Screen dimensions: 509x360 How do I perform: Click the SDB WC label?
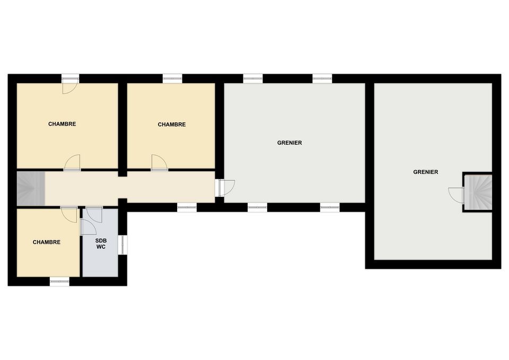tap(101, 243)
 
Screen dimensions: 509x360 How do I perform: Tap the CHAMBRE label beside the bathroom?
tap(47, 242)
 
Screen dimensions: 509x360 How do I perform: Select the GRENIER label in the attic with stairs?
tap(426, 172)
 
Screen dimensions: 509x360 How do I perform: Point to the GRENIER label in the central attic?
tap(289, 143)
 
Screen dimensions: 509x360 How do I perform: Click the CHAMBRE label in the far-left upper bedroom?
tap(62, 124)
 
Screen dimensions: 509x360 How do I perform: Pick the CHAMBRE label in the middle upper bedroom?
tap(172, 124)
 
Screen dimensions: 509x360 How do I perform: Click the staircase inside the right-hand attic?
tap(478, 192)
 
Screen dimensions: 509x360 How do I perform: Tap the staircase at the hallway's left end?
tap(31, 188)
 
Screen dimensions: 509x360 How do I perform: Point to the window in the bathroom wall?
tap(122, 245)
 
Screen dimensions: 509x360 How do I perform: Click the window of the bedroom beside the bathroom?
tap(60, 281)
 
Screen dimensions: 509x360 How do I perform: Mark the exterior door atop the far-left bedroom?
tap(71, 84)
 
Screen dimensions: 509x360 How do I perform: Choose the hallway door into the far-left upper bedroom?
tap(72, 163)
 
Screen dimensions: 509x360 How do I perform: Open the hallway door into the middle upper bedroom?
tap(160, 163)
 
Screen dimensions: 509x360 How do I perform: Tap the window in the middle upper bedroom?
tap(172, 78)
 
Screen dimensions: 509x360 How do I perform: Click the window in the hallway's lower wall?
tap(187, 207)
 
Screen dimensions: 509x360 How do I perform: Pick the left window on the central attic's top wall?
tap(253, 78)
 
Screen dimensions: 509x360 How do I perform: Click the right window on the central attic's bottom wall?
tap(330, 207)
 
